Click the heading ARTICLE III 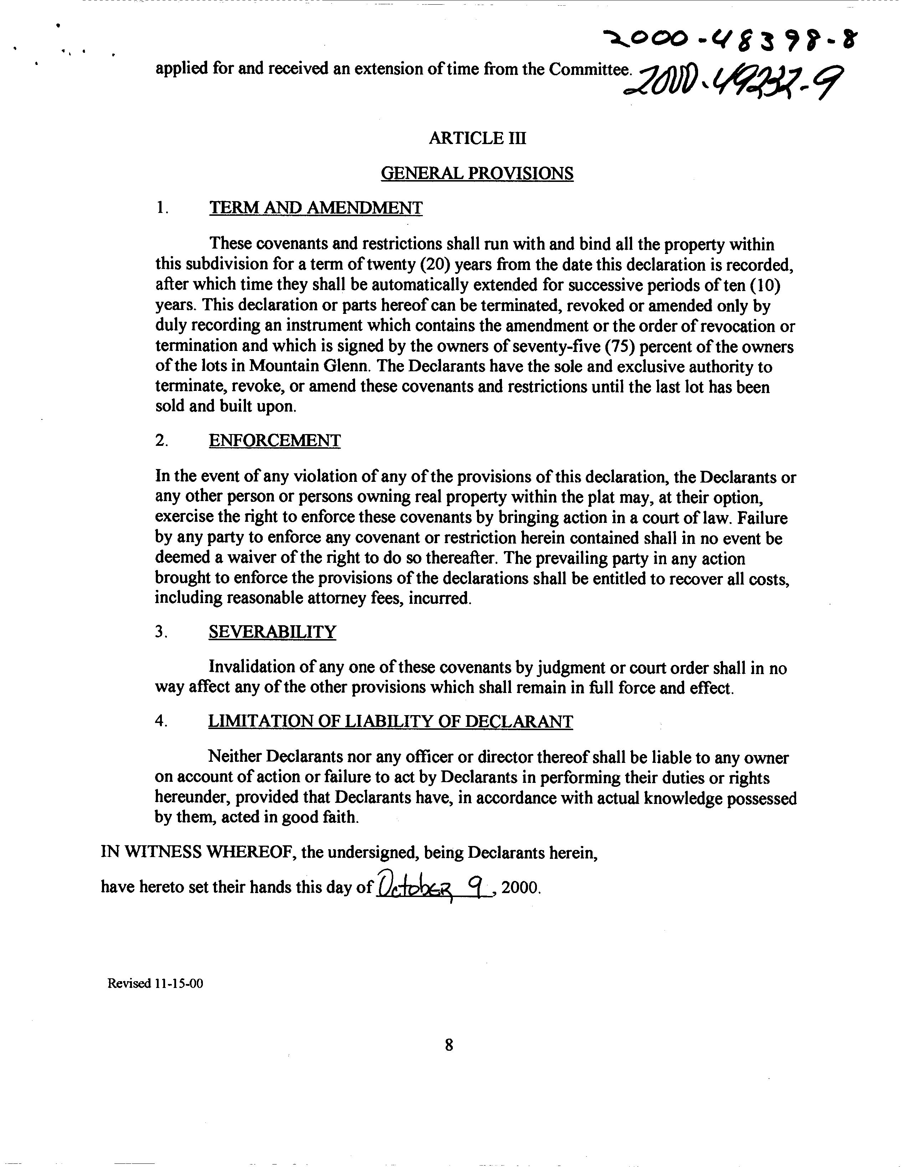pos(477,138)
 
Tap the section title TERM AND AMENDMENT pos(315,208)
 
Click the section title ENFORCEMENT pos(274,441)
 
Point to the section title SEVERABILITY pos(272,632)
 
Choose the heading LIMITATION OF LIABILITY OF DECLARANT pos(390,722)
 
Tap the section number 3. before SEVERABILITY pos(161,632)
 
